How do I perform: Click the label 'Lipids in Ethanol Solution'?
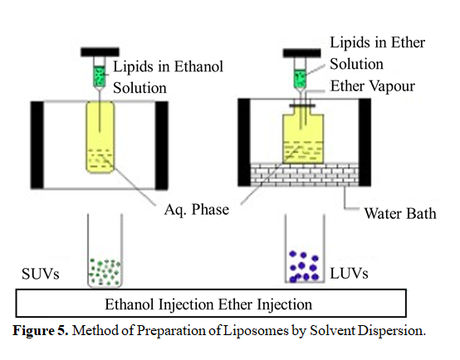[x=168, y=77]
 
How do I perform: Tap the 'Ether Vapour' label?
[x=373, y=86]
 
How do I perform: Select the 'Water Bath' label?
[x=400, y=213]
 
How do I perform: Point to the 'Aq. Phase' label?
[x=197, y=210]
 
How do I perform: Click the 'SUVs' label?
[x=41, y=274]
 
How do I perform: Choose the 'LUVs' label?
[x=349, y=274]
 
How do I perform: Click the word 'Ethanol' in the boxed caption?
[x=130, y=304]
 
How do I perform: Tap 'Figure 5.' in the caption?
[x=41, y=331]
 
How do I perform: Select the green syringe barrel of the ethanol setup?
[x=100, y=76]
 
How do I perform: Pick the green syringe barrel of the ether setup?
[x=300, y=79]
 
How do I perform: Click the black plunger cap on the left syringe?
[x=100, y=52]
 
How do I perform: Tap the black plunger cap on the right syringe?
[x=302, y=53]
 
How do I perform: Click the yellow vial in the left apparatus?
[x=100, y=137]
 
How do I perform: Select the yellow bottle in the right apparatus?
[x=303, y=139]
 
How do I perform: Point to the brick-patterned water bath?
[x=305, y=175]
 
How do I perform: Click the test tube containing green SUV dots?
[x=105, y=251]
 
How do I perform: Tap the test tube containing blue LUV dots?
[x=305, y=249]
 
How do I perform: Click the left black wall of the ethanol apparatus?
[x=37, y=145]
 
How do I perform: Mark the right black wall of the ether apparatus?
[x=365, y=143]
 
